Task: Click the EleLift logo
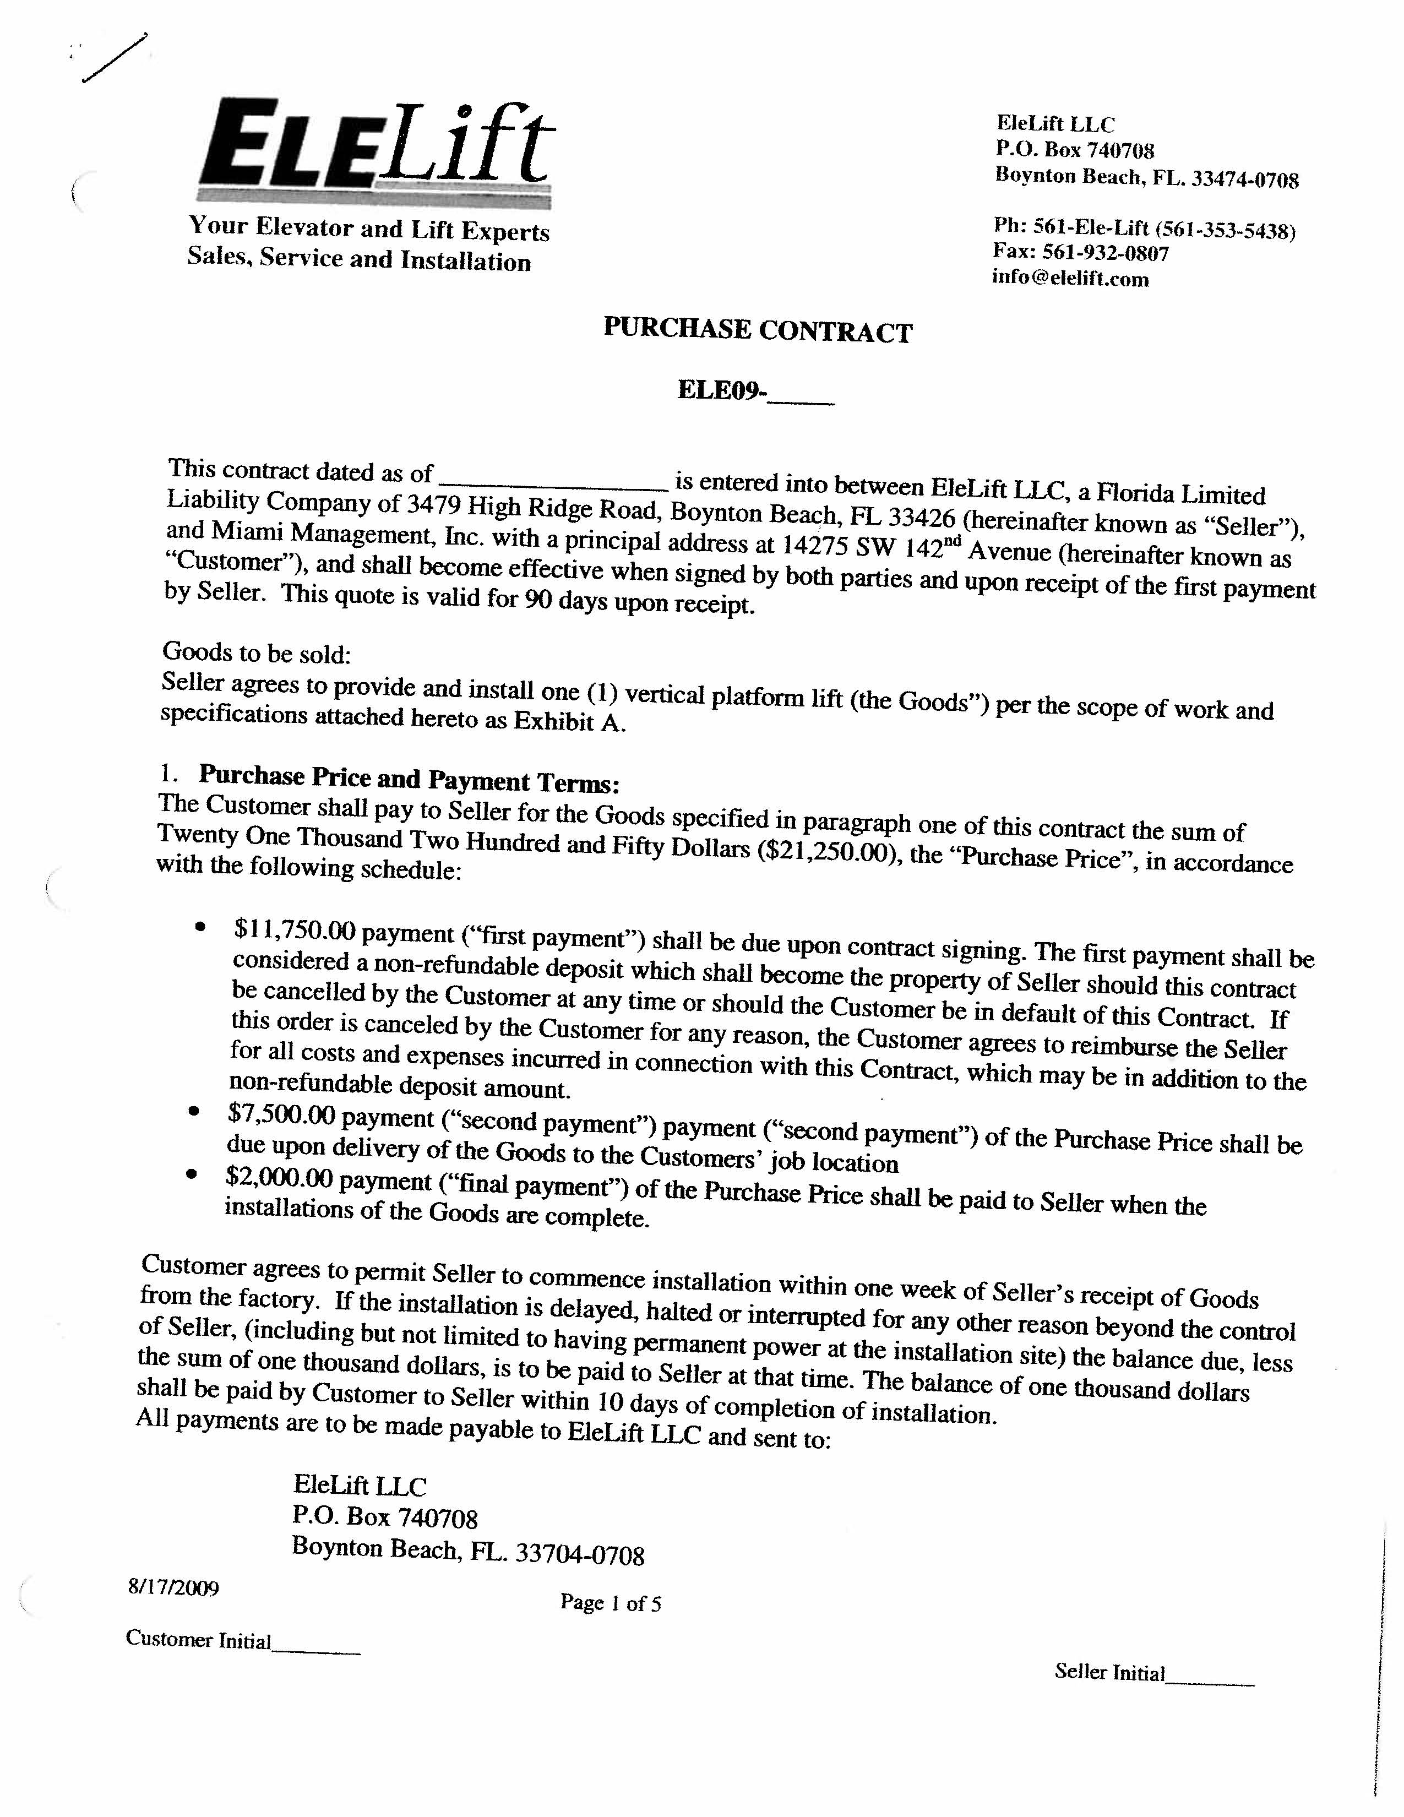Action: coord(374,150)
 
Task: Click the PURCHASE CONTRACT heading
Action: coord(758,330)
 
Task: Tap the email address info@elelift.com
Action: coord(1070,279)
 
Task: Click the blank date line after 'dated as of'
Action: coord(553,478)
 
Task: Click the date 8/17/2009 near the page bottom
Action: coord(173,1588)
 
